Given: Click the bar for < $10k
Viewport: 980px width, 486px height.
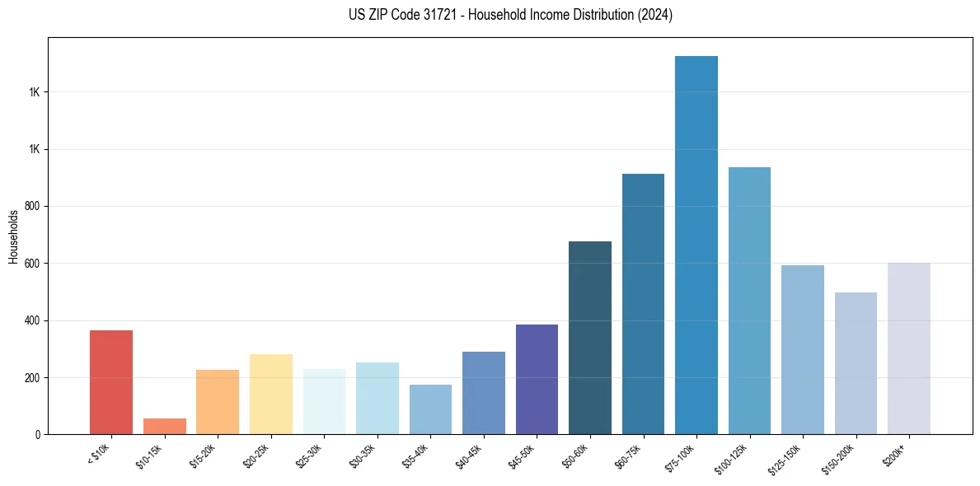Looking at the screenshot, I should [111, 382].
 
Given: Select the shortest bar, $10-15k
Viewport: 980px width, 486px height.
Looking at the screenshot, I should [165, 426].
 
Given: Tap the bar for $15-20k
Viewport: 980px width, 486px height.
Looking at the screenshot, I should [218, 402].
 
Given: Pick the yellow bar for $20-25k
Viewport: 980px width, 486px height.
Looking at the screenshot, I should [271, 394].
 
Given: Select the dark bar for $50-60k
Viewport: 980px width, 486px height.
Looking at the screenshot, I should [590, 338].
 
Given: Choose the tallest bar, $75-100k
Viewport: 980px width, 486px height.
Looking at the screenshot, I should [696, 245].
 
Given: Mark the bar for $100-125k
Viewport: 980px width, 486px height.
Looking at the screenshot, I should [749, 301].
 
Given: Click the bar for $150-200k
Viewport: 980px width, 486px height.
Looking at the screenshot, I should [856, 363].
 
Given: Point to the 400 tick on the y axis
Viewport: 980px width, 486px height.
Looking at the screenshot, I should [33, 320].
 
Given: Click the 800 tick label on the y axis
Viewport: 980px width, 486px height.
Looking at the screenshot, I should [33, 206].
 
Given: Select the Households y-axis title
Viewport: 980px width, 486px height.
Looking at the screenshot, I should [14, 237].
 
